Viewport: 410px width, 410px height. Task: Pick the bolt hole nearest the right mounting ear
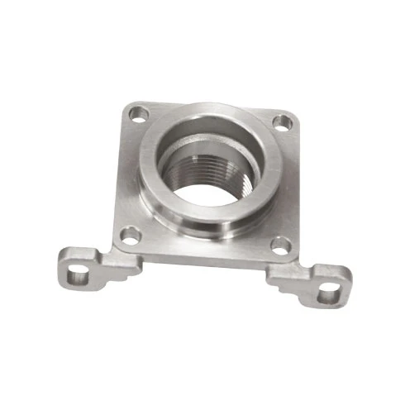281,246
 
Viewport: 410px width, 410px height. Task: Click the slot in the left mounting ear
77,269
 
